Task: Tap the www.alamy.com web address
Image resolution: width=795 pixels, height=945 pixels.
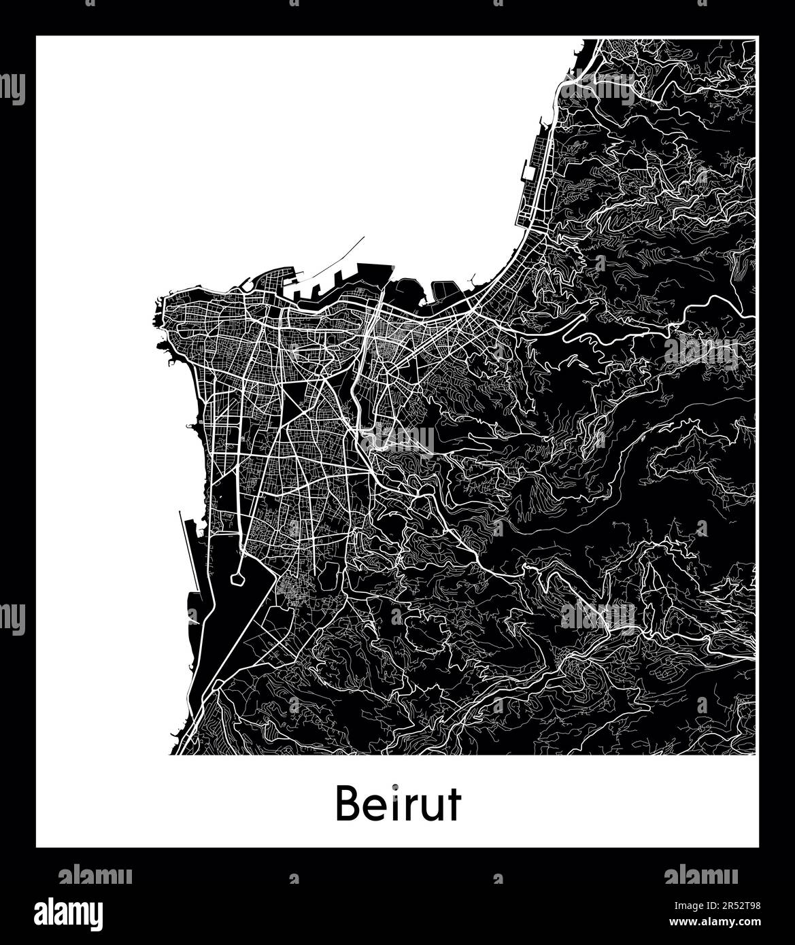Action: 727,923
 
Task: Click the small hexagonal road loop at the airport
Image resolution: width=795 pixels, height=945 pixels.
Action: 237,579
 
